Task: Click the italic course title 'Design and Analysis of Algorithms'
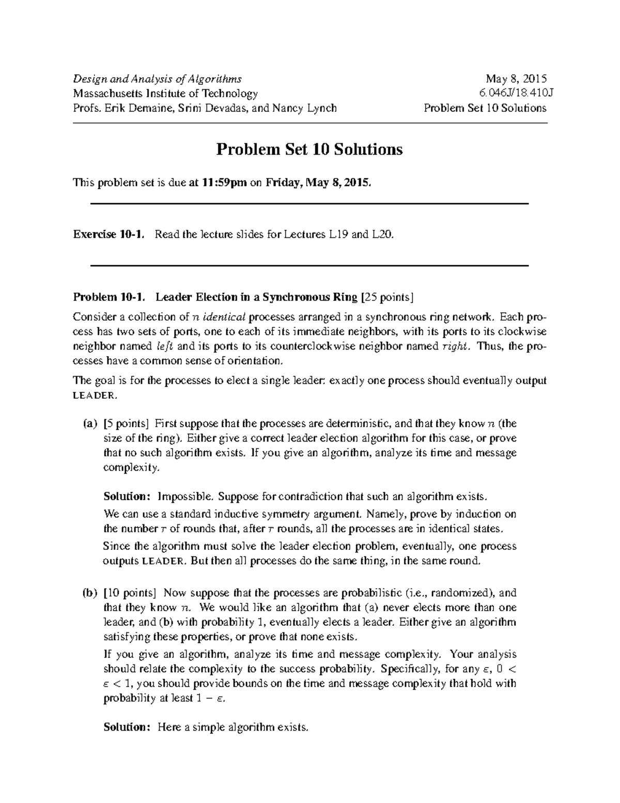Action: pos(157,79)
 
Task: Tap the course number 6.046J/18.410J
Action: pos(513,94)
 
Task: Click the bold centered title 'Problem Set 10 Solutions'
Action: pos(309,149)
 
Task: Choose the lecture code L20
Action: pos(382,235)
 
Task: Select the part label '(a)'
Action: pos(89,424)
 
